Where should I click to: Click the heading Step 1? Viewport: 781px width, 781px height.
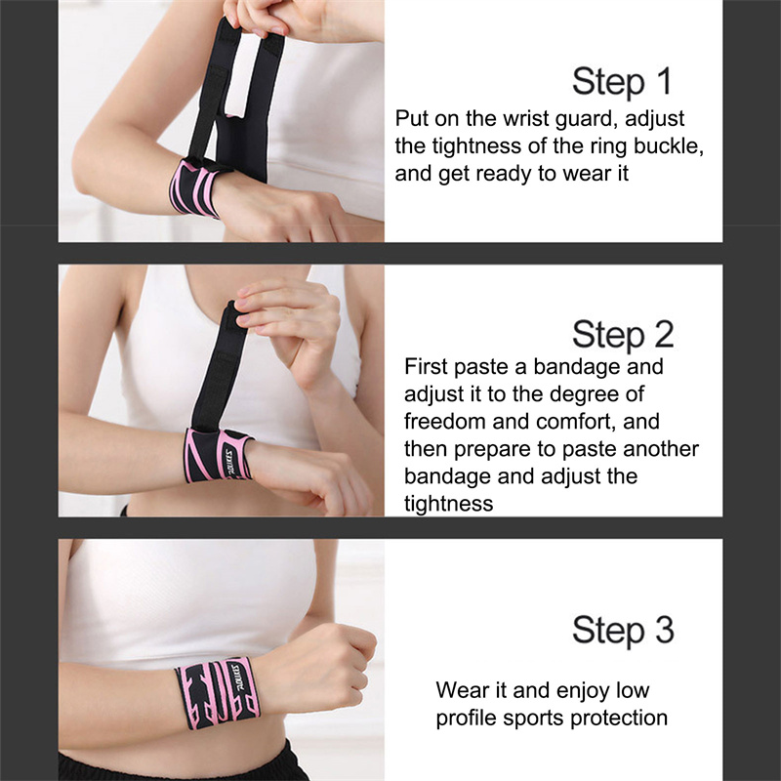click(x=622, y=82)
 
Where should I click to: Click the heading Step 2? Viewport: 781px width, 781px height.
click(x=623, y=334)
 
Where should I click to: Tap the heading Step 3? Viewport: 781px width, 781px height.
click(x=623, y=630)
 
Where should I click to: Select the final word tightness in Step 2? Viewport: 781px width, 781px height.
click(x=448, y=504)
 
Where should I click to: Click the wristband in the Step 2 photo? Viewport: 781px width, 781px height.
click(x=218, y=455)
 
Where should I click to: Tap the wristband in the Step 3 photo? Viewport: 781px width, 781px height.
click(x=218, y=693)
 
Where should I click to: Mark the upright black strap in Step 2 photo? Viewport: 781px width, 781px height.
click(x=218, y=365)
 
